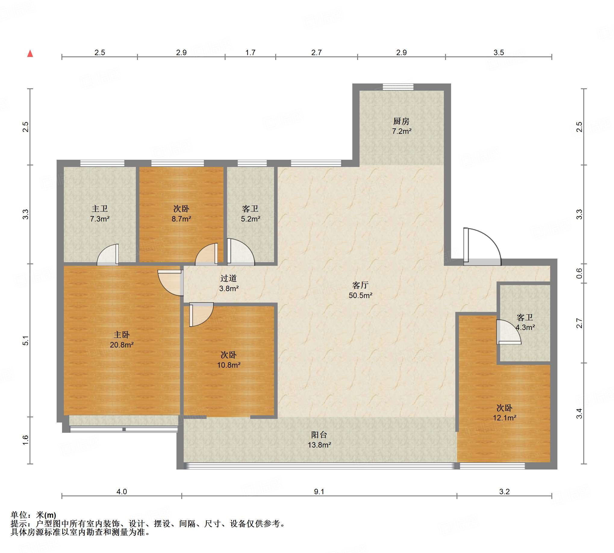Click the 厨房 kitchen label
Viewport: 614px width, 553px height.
click(401, 121)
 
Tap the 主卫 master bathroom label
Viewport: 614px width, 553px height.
click(100, 209)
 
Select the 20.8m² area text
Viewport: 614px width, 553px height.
click(122, 345)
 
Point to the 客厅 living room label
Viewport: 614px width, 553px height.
click(360, 285)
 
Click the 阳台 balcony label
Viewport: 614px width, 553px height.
click(319, 435)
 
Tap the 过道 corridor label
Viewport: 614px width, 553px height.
click(228, 278)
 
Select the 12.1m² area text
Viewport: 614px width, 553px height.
click(504, 418)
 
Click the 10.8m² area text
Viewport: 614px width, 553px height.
click(229, 365)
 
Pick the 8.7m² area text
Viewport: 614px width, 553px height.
click(181, 219)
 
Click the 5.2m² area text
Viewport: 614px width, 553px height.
click(251, 219)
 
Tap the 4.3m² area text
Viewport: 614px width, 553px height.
click(525, 328)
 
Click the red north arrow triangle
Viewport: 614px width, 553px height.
click(30, 53)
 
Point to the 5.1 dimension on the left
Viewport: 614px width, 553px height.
click(26, 340)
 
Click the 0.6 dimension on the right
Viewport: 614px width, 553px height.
click(579, 273)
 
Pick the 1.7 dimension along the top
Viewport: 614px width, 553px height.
click(250, 52)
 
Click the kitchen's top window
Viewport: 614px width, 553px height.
click(398, 87)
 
